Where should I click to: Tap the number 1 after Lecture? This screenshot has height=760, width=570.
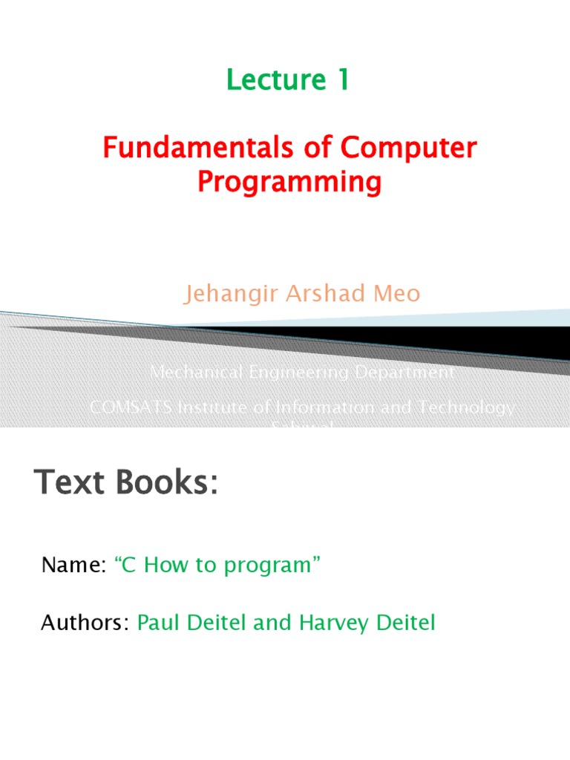[x=341, y=81]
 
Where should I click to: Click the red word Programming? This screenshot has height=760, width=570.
[x=289, y=182]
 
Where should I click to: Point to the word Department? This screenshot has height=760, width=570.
[x=402, y=373]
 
